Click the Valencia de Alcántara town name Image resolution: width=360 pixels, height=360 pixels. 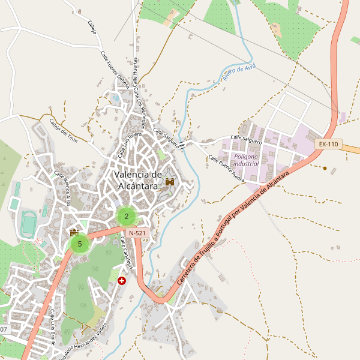click(x=138, y=180)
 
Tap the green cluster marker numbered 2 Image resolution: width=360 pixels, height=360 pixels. click(x=127, y=216)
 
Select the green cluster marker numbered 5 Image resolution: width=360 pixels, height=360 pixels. click(x=80, y=244)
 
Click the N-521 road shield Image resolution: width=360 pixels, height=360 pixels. click(x=137, y=232)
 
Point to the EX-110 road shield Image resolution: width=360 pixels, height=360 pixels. click(x=329, y=144)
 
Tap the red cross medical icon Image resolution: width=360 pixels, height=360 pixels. click(x=122, y=280)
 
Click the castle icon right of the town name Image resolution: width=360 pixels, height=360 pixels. click(x=170, y=181)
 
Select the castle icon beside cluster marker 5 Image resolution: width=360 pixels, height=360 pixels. click(x=74, y=232)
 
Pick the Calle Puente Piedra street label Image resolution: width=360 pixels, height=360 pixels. click(x=226, y=169)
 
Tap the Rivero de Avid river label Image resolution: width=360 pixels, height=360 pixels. click(x=239, y=73)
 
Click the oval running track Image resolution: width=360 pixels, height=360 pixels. click(x=28, y=223)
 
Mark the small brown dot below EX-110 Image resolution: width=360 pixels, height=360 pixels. click(x=325, y=168)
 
